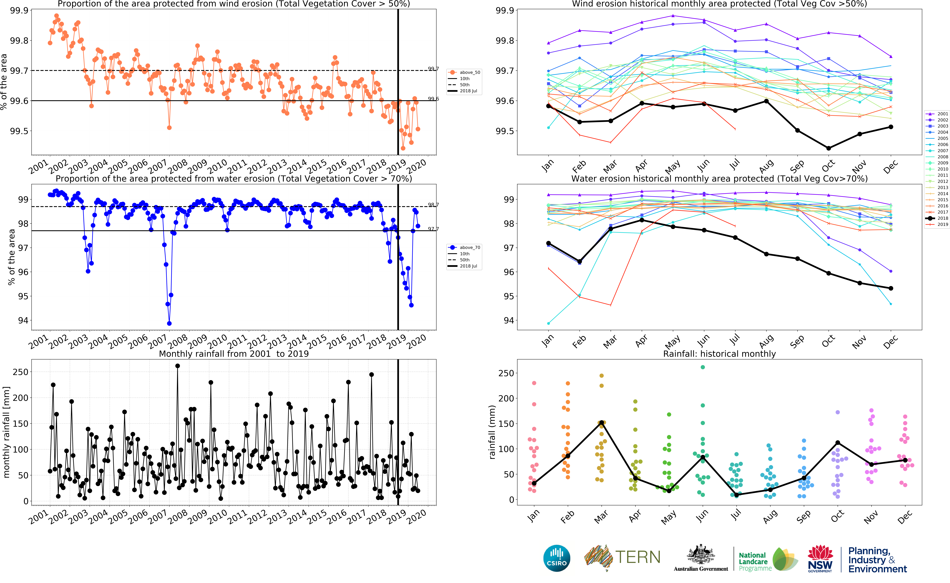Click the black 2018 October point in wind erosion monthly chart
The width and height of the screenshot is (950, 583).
coord(828,148)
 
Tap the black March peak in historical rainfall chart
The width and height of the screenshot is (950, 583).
coord(602,423)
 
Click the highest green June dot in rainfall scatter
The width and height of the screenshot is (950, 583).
coord(703,367)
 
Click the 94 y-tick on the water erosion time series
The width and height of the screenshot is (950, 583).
coord(23,320)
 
